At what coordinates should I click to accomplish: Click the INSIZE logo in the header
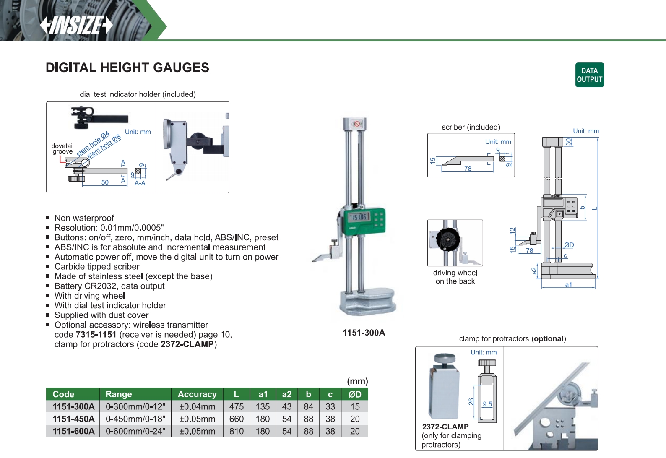pos(76,25)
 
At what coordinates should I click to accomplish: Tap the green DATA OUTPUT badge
pos(589,75)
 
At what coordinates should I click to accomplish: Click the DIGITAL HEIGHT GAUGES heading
pos(127,68)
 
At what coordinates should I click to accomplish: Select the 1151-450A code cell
pos(73,419)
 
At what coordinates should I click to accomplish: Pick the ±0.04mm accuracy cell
pos(197,407)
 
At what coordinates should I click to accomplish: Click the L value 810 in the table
pos(236,431)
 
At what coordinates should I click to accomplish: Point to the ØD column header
pos(355,394)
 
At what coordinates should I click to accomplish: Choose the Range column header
pos(119,394)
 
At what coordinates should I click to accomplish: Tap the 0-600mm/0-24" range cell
pos(135,431)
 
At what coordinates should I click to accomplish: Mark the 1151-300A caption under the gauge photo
pos(364,333)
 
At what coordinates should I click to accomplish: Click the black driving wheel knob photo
pos(448,239)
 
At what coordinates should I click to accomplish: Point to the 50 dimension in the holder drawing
pos(105,182)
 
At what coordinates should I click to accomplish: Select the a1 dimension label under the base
pos(568,285)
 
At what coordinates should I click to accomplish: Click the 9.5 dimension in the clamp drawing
pos(487,404)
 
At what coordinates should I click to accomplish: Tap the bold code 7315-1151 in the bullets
pos(96,335)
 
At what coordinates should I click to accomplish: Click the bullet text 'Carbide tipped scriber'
pos(97,267)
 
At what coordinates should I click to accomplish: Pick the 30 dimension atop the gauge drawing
pos(568,142)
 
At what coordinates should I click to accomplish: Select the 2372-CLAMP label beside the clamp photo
pos(445,427)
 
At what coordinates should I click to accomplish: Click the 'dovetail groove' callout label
pos(62,149)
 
